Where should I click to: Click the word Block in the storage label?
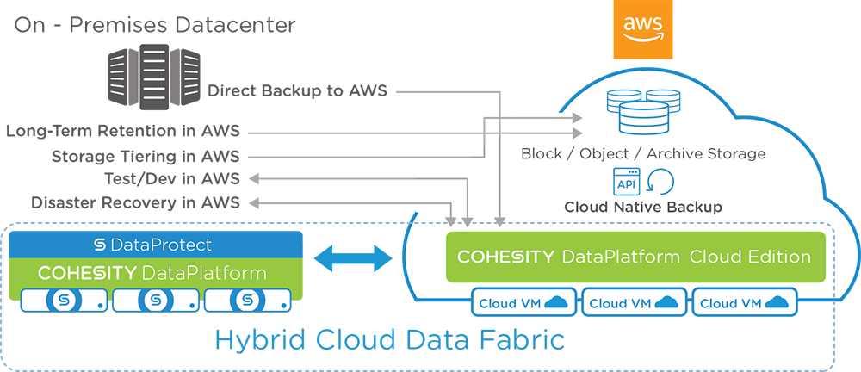[x=542, y=154]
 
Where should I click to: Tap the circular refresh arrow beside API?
[x=660, y=182]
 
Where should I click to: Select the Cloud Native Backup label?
[x=642, y=208]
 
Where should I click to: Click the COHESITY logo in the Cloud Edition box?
[x=506, y=257]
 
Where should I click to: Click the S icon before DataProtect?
[x=100, y=245]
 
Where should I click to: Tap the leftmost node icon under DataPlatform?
[x=64, y=301]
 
